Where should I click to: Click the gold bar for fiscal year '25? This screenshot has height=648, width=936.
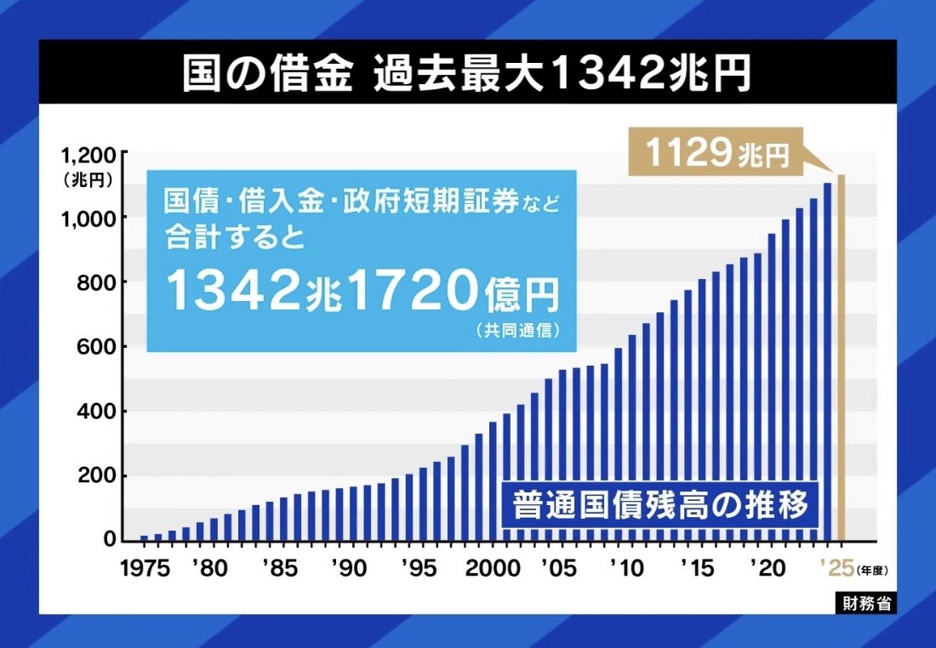point(842,357)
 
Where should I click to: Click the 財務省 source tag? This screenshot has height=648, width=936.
point(864,603)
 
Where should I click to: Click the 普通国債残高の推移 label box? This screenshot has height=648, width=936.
point(659,505)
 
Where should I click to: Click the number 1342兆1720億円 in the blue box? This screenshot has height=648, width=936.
point(362,292)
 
